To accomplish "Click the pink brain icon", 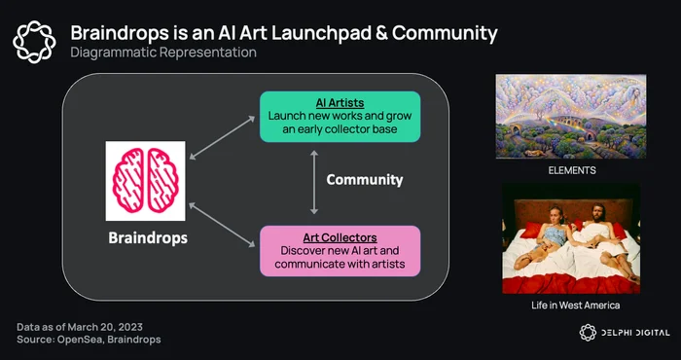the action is (x=146, y=181).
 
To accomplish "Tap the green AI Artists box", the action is (x=340, y=117).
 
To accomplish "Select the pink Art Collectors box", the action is (x=340, y=251).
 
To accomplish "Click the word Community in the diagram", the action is (x=365, y=180).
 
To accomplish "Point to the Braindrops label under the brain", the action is (x=148, y=238).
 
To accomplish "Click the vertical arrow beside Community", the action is (x=314, y=182).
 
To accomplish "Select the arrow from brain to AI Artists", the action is (x=222, y=137).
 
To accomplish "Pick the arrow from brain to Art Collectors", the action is (x=222, y=225).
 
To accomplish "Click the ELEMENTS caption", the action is (x=572, y=170).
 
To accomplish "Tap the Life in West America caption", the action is (x=576, y=306).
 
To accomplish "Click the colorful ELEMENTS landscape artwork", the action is (x=571, y=117).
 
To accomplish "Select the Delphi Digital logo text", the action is (x=635, y=333).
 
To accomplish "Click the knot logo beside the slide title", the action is (x=34, y=42).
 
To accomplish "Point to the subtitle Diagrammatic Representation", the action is (x=163, y=53).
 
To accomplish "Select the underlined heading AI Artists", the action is (x=340, y=103).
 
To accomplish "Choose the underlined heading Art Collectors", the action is (x=340, y=238).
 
